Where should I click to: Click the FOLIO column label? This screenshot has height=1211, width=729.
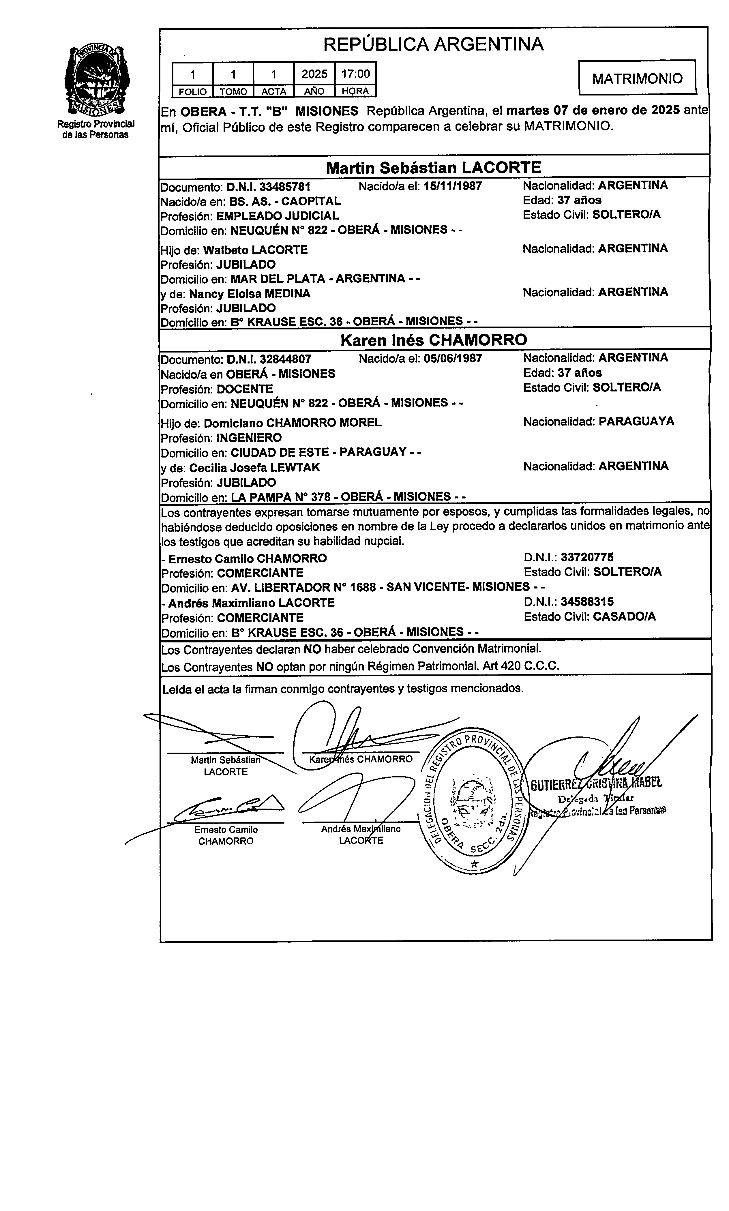193,91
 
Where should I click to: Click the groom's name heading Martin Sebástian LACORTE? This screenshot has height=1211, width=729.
433,168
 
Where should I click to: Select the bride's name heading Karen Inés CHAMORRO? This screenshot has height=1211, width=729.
433,340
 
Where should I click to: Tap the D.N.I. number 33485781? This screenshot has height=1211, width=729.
285,187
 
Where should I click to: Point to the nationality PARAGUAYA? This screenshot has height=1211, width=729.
636,421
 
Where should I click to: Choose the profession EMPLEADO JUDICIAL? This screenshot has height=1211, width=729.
278,215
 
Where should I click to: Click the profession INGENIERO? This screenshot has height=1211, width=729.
249,438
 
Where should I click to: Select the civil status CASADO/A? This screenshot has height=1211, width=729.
624,617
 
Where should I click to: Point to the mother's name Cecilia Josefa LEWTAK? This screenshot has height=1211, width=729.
254,468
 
